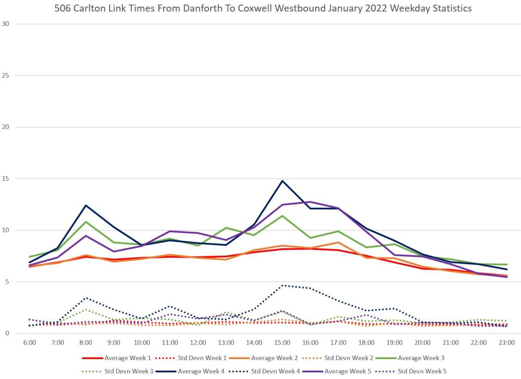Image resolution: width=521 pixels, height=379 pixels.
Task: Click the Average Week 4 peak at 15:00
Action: click(x=282, y=181)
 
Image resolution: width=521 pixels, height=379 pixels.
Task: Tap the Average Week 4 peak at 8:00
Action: click(x=86, y=205)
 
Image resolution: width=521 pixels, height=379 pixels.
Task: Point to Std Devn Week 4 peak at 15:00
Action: click(x=282, y=285)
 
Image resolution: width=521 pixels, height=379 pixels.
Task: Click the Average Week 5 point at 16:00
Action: click(x=310, y=202)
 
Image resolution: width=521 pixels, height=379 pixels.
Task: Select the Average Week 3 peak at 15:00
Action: click(x=282, y=215)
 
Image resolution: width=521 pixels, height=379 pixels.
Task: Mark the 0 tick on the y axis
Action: click(x=7, y=334)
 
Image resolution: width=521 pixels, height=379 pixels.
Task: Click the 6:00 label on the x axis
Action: click(x=30, y=342)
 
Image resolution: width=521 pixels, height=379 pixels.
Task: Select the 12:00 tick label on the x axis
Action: click(x=198, y=342)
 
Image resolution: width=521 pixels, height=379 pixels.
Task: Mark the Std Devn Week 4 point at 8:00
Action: click(x=86, y=298)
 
